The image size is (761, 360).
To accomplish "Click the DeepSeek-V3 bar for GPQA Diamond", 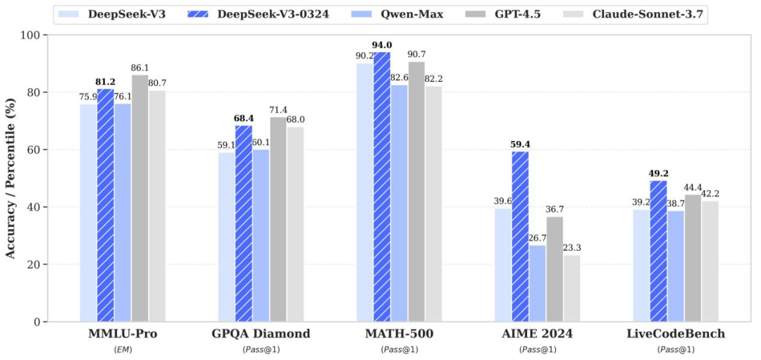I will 226,237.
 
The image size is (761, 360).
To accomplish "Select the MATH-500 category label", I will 400,334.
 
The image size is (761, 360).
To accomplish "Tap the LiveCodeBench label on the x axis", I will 676,334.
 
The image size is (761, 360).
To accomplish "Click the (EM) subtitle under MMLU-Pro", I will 123,349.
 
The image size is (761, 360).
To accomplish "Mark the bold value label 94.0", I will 383,45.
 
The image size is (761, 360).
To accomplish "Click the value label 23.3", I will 573,248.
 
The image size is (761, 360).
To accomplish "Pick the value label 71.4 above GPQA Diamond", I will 278,110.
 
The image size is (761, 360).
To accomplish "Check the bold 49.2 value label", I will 659,173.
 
